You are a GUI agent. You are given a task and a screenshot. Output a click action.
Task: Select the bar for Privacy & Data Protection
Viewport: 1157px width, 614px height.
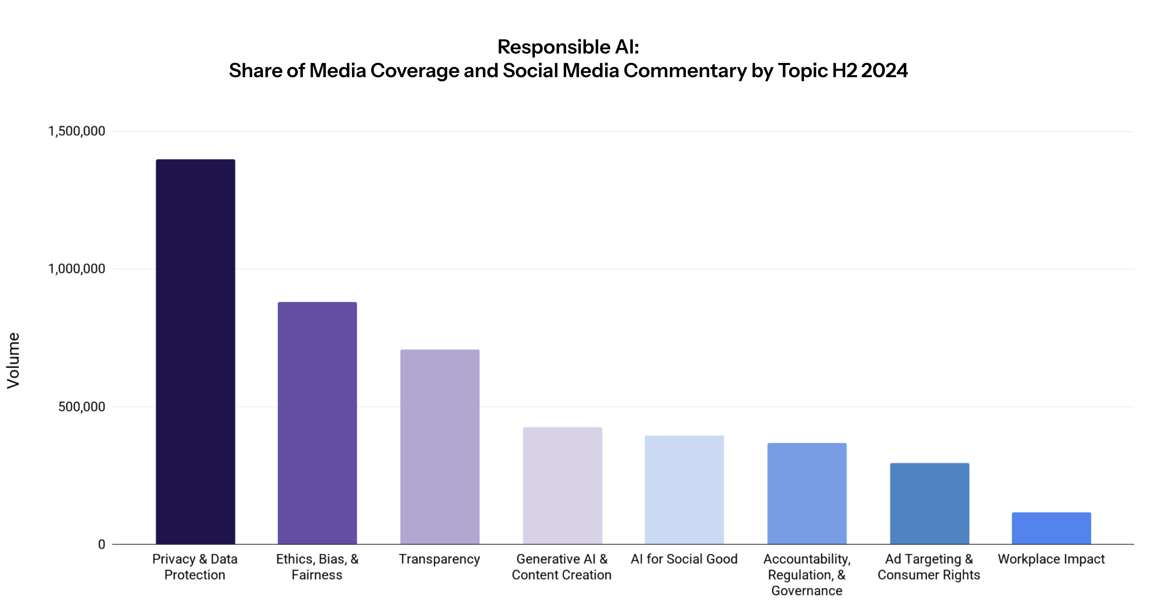pos(195,352)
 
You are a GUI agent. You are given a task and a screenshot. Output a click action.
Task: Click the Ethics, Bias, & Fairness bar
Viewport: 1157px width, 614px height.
pos(317,423)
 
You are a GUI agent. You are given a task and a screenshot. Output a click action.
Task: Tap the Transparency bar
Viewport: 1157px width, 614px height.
pos(440,447)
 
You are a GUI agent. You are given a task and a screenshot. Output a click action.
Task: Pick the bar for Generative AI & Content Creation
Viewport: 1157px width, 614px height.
pos(562,485)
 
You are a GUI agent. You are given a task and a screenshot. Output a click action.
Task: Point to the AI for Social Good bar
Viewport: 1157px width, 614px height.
pos(684,490)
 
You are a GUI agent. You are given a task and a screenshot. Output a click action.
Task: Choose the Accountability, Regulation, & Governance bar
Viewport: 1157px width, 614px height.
pos(807,494)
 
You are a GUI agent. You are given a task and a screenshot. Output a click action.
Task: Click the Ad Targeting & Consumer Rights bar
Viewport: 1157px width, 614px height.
pos(929,504)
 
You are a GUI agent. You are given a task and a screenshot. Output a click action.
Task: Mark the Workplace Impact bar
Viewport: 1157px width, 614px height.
pos(1051,528)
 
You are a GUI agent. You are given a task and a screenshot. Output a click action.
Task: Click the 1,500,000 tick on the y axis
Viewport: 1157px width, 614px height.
pos(76,131)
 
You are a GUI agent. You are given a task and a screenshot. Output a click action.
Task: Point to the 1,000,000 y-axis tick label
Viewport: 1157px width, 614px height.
pos(76,269)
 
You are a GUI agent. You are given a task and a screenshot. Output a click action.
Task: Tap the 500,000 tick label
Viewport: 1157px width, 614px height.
pos(81,407)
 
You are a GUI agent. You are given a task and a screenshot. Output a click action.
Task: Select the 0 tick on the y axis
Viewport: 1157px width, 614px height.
pos(102,544)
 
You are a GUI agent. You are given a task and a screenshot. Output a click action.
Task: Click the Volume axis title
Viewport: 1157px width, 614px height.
pos(13,360)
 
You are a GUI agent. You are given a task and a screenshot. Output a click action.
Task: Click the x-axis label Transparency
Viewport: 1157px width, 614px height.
pos(439,559)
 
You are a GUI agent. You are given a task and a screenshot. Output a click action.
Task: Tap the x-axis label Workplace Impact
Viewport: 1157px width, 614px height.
pos(1051,559)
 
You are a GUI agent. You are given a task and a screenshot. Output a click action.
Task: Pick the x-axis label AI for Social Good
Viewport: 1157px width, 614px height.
pos(684,559)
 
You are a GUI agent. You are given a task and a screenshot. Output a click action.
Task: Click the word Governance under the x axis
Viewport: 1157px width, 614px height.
pos(807,591)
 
